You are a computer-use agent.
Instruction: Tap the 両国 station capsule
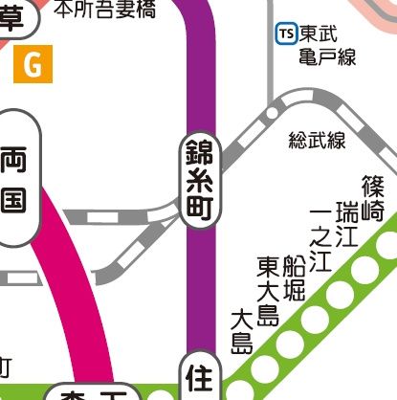[x=20, y=179]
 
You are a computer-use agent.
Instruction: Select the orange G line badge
[x=33, y=66]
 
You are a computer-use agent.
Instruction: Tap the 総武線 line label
[x=317, y=141]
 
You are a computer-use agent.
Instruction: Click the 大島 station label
[x=241, y=330]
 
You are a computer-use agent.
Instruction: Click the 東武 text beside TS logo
[x=315, y=33]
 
